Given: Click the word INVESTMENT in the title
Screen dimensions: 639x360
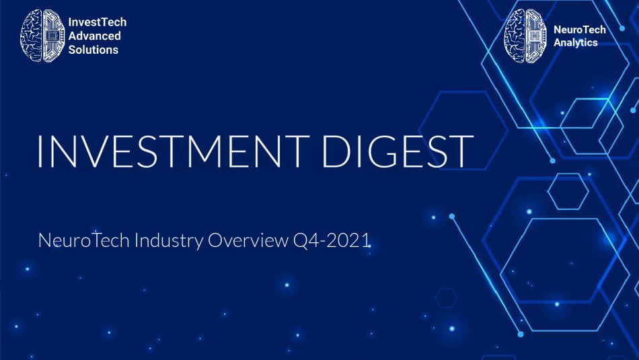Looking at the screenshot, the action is pos(173,151).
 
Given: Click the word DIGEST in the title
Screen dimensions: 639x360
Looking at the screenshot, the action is pos(398,151).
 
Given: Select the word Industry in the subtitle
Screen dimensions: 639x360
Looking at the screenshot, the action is pos(168,240).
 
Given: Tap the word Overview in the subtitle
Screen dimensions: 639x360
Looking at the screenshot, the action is pos(248,240).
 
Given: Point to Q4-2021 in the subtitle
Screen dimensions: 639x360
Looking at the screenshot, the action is pos(332,240).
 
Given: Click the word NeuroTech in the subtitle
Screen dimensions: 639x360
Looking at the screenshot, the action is pos(83,240).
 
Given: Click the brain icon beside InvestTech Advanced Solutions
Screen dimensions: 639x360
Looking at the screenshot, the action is pos(42,36).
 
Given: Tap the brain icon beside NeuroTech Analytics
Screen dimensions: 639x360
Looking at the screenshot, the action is pos(525,36).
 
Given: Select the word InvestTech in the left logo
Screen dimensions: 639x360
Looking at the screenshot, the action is pos(98,22).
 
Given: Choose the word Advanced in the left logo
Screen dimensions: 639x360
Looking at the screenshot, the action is pos(95,36).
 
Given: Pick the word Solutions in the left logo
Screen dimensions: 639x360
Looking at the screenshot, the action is pos(93,50).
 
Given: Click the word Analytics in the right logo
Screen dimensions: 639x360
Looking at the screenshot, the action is pos(575,43).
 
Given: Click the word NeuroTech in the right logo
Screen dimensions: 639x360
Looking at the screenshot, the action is pos(580,30).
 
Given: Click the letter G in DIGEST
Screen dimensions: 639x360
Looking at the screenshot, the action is pos(385,151).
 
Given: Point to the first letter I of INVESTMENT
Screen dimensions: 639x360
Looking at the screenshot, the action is pos(39,151).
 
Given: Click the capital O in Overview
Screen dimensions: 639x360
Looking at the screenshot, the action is pos(215,240).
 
